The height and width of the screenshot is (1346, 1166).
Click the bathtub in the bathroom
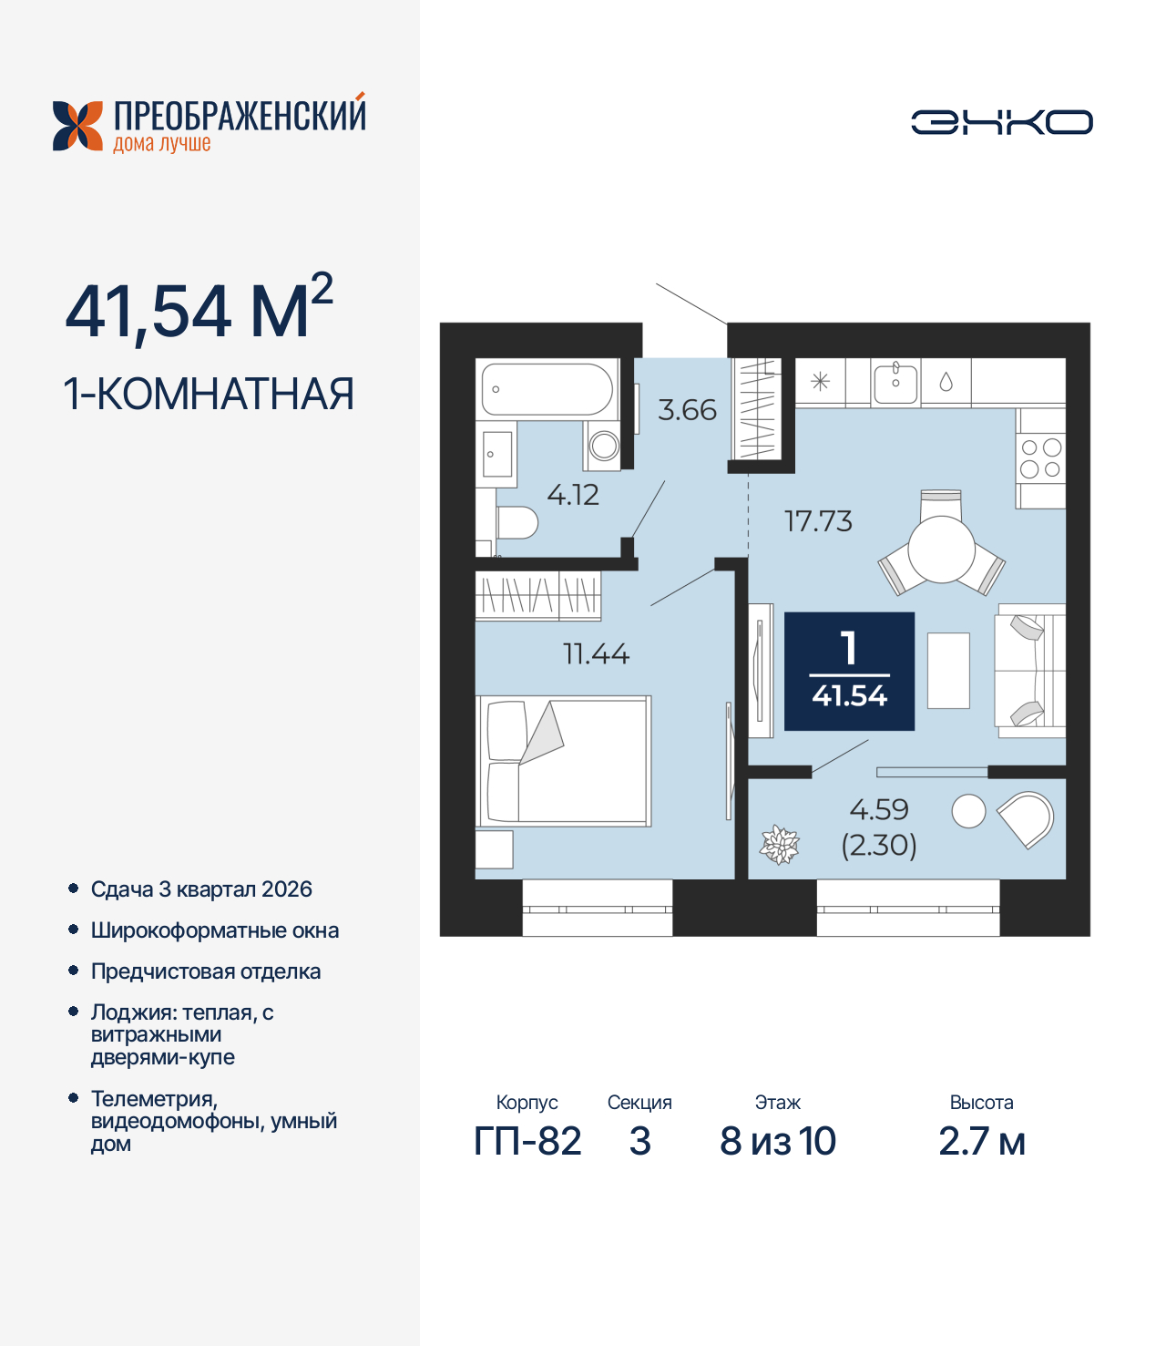pyautogui.click(x=547, y=389)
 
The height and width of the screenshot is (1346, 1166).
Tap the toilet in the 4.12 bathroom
pyautogui.click(x=517, y=523)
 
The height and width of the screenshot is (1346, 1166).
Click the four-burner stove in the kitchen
pyautogui.click(x=1040, y=458)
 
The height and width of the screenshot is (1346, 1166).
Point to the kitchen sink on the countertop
pyautogui.click(x=895, y=382)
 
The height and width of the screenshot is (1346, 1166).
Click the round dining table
pyautogui.click(x=941, y=549)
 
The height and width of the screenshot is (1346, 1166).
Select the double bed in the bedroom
pyautogui.click(x=564, y=761)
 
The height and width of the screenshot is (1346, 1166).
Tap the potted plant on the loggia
pyautogui.click(x=780, y=844)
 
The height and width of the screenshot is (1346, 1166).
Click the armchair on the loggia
pyautogui.click(x=1028, y=817)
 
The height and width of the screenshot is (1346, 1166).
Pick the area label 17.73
pyautogui.click(x=818, y=521)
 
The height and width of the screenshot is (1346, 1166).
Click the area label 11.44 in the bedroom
pyautogui.click(x=596, y=653)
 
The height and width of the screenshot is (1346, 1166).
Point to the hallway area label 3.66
pyautogui.click(x=687, y=410)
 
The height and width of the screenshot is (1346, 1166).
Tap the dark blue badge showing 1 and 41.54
pyautogui.click(x=849, y=671)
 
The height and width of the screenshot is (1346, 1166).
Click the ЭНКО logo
pyautogui.click(x=1001, y=122)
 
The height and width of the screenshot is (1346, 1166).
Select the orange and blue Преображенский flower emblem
pyautogui.click(x=77, y=126)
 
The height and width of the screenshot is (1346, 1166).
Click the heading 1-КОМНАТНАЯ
pyautogui.click(x=209, y=394)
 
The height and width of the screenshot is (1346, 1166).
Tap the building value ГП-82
pyautogui.click(x=527, y=1141)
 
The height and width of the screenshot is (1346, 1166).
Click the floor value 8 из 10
pyautogui.click(x=777, y=1141)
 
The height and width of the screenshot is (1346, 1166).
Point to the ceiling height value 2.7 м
pyautogui.click(x=981, y=1141)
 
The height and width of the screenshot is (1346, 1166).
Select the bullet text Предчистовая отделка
pyautogui.click(x=206, y=971)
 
